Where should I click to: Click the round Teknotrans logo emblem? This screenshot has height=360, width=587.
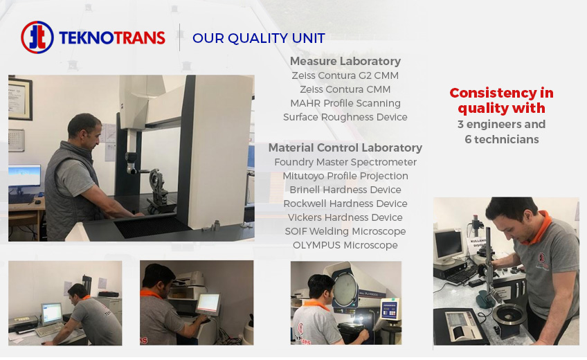click(x=37, y=37)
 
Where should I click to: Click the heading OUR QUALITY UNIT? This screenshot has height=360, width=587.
click(x=259, y=38)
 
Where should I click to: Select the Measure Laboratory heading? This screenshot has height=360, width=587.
click(x=345, y=61)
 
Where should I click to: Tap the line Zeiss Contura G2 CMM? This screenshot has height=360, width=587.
click(x=345, y=75)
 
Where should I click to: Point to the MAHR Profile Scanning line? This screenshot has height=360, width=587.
click(x=345, y=103)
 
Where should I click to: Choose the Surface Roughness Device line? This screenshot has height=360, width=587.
click(x=345, y=117)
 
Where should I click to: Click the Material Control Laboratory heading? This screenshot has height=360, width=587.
click(x=345, y=147)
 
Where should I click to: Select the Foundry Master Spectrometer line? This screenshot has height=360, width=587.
click(x=345, y=162)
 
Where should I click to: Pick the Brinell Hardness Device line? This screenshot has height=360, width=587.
click(x=345, y=190)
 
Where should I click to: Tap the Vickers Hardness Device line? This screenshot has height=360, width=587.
click(x=345, y=217)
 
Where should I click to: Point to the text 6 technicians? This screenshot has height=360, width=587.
click(x=502, y=139)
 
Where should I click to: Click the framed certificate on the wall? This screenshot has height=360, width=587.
click(x=20, y=98)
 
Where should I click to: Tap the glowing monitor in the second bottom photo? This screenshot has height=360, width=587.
click(x=208, y=304)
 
